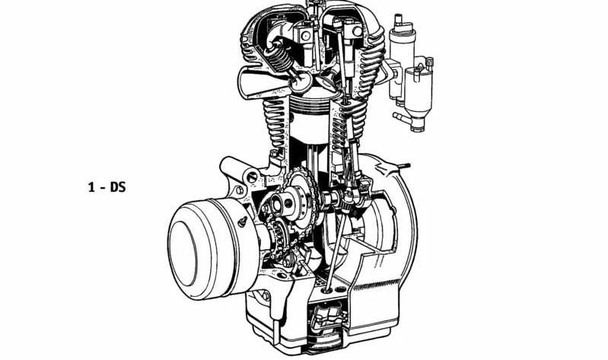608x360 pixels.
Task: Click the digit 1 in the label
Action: click(91, 187)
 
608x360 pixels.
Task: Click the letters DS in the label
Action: click(118, 187)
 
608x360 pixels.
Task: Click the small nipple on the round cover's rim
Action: click(243, 221)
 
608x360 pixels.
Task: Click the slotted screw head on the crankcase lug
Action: click(252, 177)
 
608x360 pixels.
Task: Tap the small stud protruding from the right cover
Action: click(404, 166)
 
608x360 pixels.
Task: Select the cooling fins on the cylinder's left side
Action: click(276, 120)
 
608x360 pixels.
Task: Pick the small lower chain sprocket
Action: click(280, 237)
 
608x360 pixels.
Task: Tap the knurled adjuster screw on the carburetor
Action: click(429, 62)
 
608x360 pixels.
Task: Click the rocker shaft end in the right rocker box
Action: click(357, 32)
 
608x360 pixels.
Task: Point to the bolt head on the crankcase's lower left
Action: click(266, 295)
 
